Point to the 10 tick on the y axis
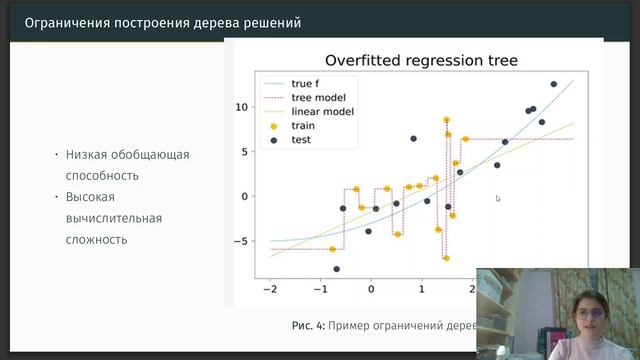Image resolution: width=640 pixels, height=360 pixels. tap(242, 106)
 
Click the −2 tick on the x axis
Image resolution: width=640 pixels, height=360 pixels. tap(268, 289)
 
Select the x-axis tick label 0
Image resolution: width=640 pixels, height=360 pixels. tap(371, 289)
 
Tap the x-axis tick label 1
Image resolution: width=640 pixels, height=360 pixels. tap(422, 289)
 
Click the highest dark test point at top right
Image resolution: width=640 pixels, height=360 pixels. tap(554, 84)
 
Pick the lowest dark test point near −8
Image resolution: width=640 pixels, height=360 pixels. tap(337, 269)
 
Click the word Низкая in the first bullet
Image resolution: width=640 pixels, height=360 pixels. tap(87, 155)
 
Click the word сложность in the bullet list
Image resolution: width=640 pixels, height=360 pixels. tap(97, 239)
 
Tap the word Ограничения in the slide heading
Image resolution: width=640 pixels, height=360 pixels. tap(65, 22)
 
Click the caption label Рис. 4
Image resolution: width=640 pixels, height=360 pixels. tap(307, 326)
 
